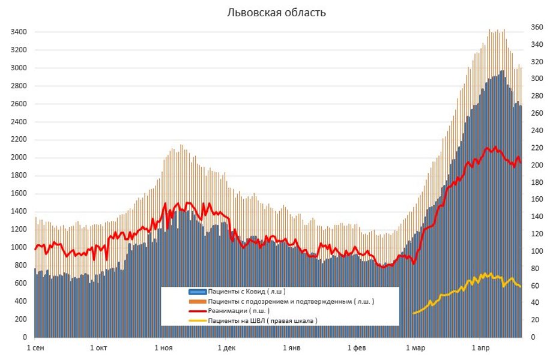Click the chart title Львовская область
pos(276,13)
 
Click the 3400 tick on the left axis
pos(18,32)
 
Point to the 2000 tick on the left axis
pos(18,158)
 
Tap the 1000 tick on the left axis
pos(18,247)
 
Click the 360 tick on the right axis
pos(536,28)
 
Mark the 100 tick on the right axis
pos(536,251)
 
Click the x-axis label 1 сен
pos(35,348)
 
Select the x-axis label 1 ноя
pos(163,348)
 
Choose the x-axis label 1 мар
pos(415,348)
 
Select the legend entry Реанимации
pos(238,311)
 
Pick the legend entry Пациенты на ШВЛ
pos(262,321)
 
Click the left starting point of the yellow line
pos(414,313)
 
